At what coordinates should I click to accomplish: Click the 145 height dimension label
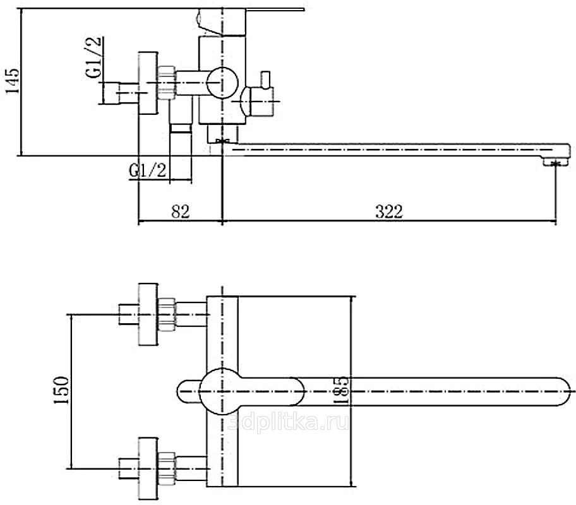(x=12, y=80)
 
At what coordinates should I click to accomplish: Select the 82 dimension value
(x=181, y=212)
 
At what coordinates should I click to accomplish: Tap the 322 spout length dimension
(x=389, y=212)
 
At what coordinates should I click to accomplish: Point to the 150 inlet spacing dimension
(x=61, y=390)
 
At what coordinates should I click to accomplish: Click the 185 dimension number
(x=340, y=390)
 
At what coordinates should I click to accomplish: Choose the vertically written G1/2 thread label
(x=93, y=57)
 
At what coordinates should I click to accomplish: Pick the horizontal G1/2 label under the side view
(x=148, y=170)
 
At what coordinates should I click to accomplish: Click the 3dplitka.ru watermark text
(x=289, y=424)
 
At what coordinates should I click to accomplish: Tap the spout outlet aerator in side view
(x=556, y=163)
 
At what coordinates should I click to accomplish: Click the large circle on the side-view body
(x=222, y=83)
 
